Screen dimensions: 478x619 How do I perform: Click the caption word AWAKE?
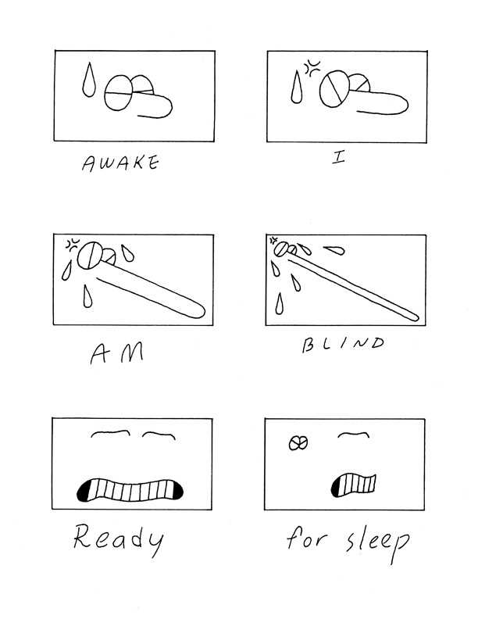120,163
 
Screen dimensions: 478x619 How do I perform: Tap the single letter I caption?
338,158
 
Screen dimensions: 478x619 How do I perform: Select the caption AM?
116,353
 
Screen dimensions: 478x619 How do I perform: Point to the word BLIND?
342,344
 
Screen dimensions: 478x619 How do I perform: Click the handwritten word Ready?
118,539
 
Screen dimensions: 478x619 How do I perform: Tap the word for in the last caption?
306,538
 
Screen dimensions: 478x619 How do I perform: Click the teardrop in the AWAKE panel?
89,80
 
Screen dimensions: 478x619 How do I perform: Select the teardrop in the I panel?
297,88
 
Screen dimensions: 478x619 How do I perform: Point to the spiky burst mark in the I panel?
312,68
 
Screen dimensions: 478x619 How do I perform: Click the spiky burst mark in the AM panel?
72,245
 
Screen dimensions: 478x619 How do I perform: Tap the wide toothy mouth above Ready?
130,491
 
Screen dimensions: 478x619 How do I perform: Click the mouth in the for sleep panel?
353,485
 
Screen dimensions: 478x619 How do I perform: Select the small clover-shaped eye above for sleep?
298,443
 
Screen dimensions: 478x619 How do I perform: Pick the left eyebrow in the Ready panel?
110,433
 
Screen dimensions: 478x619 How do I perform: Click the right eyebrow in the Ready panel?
159,435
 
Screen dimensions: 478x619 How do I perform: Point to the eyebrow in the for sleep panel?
353,435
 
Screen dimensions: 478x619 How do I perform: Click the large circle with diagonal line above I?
334,89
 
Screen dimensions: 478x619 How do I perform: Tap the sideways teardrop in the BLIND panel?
334,250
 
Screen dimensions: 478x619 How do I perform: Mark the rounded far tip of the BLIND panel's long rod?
417,318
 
